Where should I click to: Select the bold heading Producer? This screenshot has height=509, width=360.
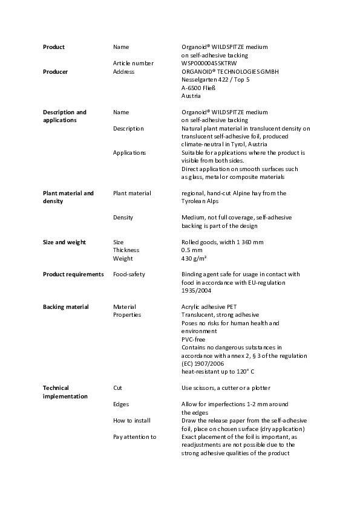(56, 72)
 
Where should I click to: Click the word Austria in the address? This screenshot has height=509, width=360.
(191, 96)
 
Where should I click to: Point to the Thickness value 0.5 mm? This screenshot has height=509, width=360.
(191, 250)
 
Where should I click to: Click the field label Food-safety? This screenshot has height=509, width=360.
(129, 274)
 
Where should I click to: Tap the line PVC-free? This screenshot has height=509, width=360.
(194, 340)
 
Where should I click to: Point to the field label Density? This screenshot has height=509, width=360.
(123, 218)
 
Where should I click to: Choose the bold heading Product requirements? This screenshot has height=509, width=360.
(73, 274)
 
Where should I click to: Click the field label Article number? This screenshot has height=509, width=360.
(133, 63)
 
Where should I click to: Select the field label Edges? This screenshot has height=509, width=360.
(121, 404)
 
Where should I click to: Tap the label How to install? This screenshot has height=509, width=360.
(132, 421)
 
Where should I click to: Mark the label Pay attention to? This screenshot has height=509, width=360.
(135, 437)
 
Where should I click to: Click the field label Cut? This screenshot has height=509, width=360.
(118, 388)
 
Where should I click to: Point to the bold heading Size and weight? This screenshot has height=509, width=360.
(64, 242)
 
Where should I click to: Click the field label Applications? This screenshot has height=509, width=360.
(129, 153)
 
